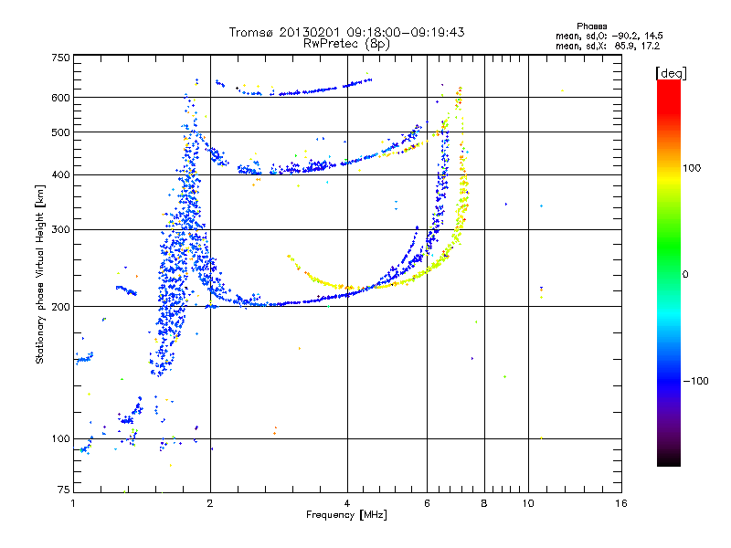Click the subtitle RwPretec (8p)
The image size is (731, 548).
click(x=346, y=44)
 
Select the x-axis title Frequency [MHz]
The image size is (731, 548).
click(x=346, y=514)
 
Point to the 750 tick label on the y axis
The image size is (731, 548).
click(x=60, y=58)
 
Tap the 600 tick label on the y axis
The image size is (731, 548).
click(x=60, y=98)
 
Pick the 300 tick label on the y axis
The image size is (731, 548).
click(x=60, y=230)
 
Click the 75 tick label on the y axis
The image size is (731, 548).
click(x=64, y=490)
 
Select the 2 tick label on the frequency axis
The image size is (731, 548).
click(x=210, y=503)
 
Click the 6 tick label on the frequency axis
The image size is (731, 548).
click(x=427, y=503)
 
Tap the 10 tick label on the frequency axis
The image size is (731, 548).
click(x=528, y=503)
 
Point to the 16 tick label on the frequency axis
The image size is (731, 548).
click(x=621, y=503)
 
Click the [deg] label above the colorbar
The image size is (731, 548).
click(x=671, y=73)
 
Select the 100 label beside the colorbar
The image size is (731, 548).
click(x=692, y=168)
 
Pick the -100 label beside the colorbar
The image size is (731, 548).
click(x=695, y=381)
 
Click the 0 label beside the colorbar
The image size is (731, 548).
click(x=685, y=275)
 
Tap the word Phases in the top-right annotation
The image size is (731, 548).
click(x=591, y=26)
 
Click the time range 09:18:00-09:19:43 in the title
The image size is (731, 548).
click(x=406, y=32)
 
